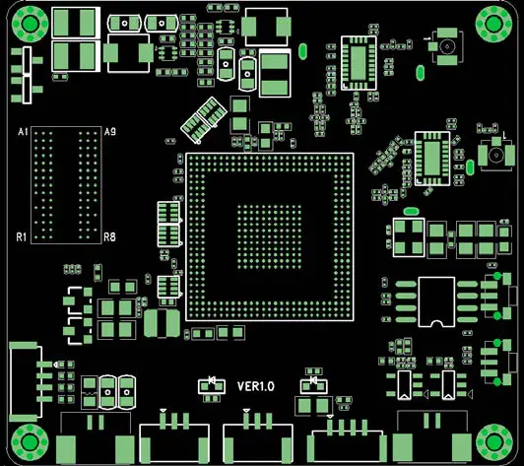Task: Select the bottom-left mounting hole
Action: coord(28,441)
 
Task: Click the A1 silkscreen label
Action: coord(24,132)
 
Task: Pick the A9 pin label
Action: coord(109,132)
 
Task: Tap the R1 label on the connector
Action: coord(23,237)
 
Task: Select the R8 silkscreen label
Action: coord(109,237)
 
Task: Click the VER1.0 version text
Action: coord(256,386)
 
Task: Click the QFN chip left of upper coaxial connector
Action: coord(358,63)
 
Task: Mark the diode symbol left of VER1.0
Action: coord(209,381)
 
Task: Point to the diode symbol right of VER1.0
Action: coord(312,380)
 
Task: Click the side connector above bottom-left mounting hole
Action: coord(24,381)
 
